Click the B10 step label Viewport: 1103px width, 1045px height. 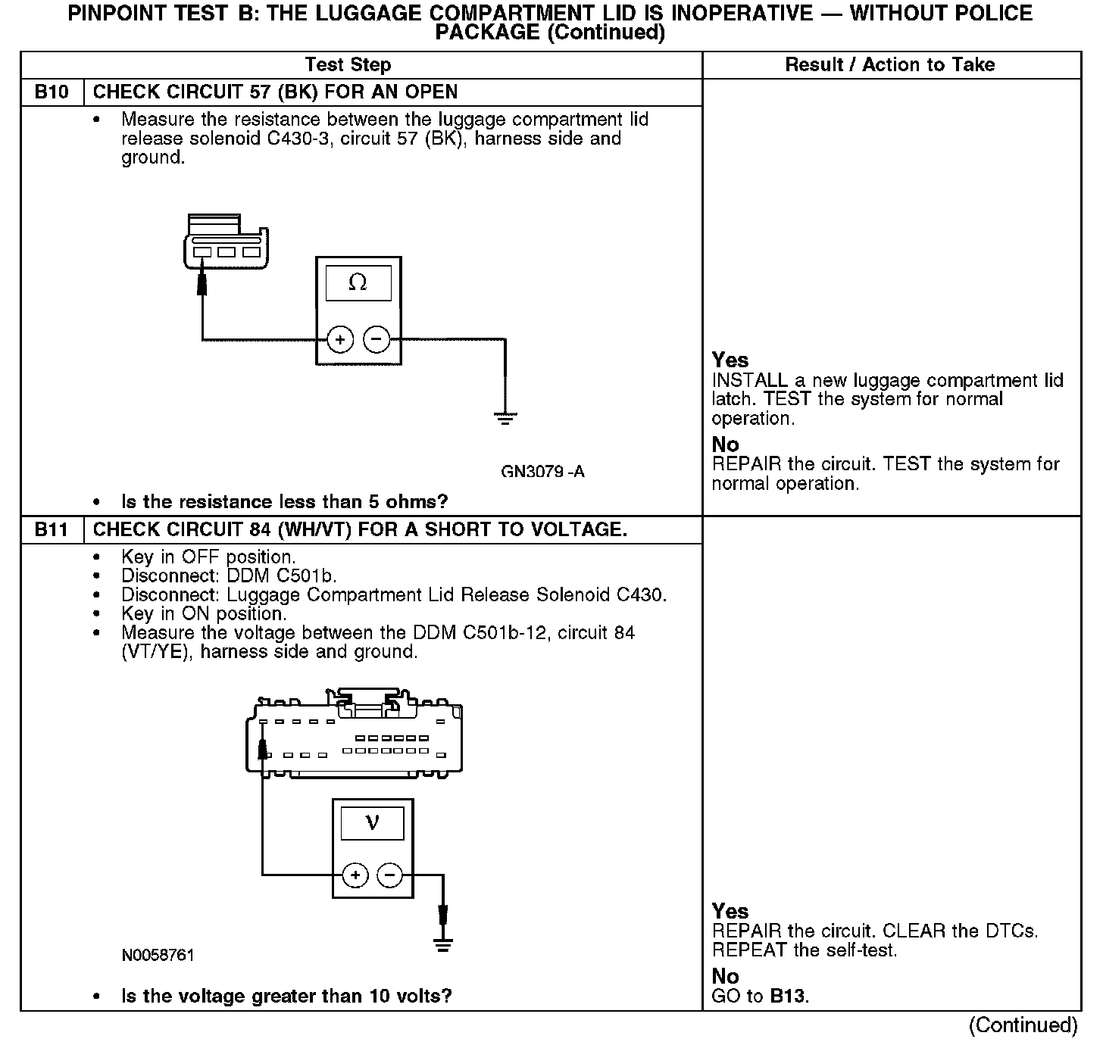click(52, 92)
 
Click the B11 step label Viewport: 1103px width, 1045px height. click(52, 530)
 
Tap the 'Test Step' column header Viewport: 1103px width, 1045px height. click(348, 65)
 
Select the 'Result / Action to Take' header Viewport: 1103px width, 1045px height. click(890, 65)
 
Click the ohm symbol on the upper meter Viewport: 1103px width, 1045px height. click(358, 283)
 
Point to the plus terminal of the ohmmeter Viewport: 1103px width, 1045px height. click(340, 340)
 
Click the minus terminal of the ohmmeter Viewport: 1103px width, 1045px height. click(377, 340)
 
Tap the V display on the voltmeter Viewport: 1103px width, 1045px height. click(372, 822)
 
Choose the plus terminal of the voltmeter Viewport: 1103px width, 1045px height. click(355, 876)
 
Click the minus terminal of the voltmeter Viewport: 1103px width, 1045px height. click(390, 876)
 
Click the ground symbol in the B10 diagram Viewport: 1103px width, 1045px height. click(505, 416)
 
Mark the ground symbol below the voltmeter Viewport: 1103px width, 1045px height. click(444, 946)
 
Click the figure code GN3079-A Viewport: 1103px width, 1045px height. click(542, 472)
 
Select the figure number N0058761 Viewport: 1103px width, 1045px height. click(158, 956)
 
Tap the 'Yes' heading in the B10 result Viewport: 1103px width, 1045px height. click(730, 360)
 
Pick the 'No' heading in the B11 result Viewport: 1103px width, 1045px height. click(725, 976)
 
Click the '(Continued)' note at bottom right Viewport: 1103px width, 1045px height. click(1023, 1025)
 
